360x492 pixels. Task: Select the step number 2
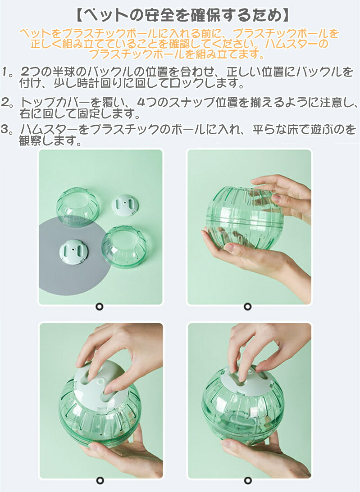point(5,102)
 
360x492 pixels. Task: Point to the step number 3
point(5,129)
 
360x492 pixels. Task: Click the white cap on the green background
point(125,205)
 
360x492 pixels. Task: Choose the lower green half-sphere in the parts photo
point(124,247)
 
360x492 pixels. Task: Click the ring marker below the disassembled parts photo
point(99,307)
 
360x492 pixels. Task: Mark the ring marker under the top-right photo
point(248,307)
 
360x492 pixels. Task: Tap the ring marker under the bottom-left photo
point(100,480)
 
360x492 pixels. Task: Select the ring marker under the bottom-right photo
point(248,480)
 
